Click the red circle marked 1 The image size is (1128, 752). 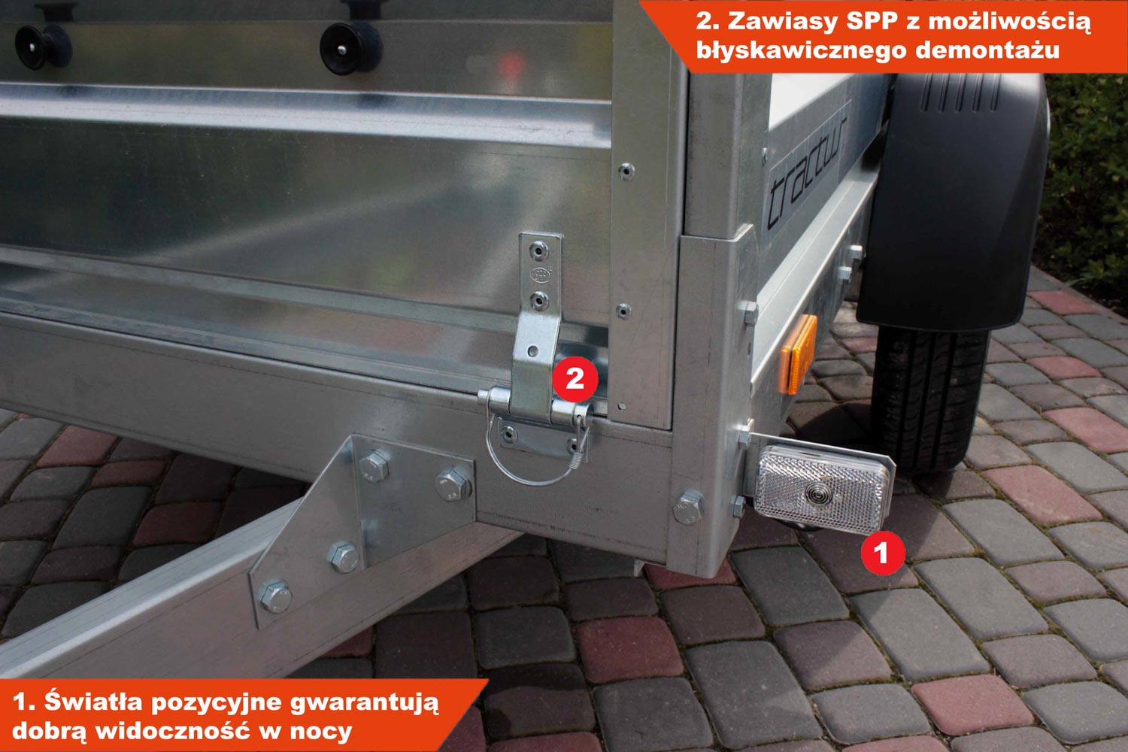(882, 553)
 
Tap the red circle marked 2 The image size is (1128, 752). (575, 379)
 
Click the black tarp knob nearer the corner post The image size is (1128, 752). (351, 48)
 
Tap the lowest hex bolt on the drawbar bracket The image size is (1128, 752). (275, 597)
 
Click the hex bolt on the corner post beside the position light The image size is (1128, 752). (688, 507)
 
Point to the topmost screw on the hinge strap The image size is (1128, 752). (539, 250)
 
